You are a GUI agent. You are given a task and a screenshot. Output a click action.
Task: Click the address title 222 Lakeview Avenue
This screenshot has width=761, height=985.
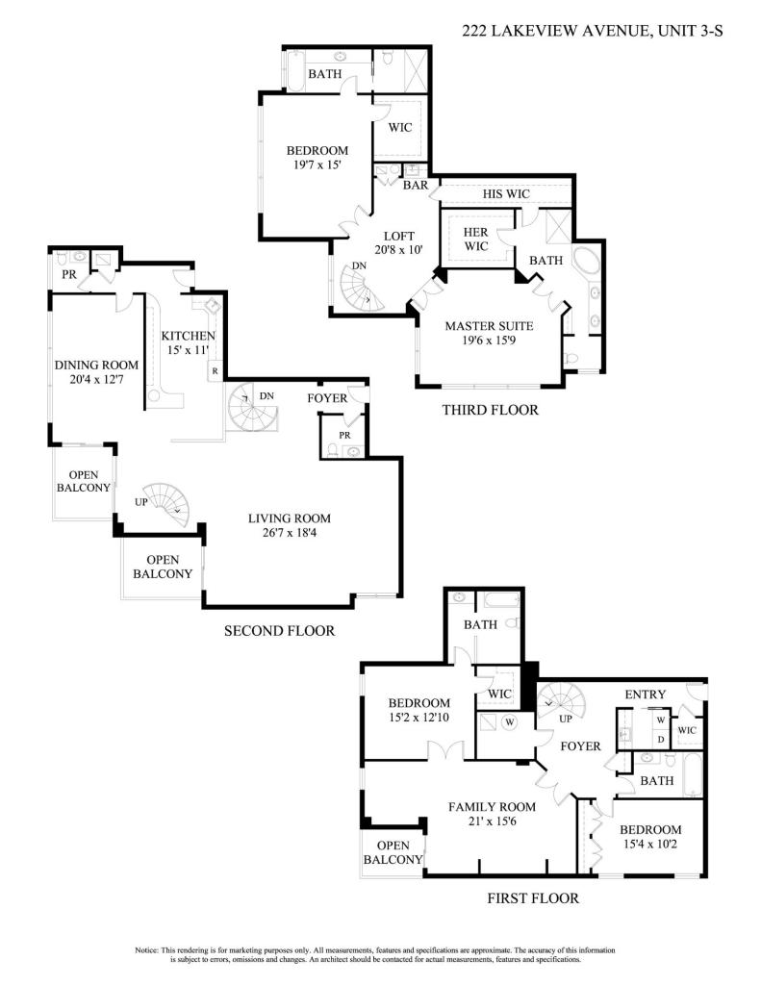coord(592,32)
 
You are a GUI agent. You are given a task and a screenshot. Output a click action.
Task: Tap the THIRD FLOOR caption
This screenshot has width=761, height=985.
coord(490,411)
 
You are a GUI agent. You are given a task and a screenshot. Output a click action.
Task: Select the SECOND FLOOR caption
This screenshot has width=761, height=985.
coord(279,631)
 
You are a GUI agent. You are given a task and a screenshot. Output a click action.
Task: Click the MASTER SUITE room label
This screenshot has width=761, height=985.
coord(489,326)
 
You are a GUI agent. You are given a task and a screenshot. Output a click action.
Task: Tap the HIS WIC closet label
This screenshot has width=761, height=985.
coord(506,194)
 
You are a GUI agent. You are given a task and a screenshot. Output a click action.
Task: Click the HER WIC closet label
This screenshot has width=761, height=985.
coord(476,240)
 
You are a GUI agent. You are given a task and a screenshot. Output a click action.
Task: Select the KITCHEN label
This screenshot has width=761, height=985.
coord(188,335)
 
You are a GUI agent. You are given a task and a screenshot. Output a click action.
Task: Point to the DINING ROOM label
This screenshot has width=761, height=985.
coord(96,365)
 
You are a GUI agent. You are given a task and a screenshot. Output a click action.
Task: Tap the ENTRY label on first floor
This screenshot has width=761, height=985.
coord(646,695)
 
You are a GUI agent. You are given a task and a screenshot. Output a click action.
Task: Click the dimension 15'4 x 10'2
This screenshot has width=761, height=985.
coord(650,846)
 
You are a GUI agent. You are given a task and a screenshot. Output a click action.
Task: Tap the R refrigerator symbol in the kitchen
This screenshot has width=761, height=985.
coord(215,370)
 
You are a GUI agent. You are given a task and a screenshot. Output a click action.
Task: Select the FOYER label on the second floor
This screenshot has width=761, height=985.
coord(327,397)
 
